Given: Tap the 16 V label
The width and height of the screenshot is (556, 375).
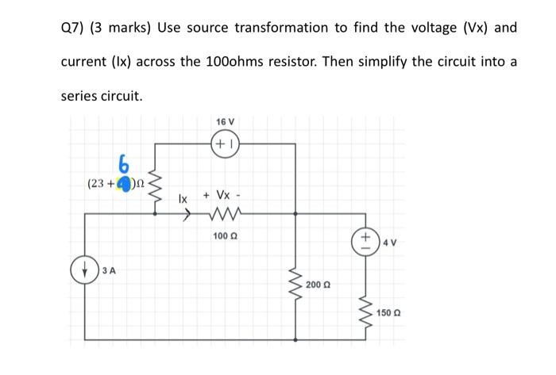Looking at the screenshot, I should click(226, 121).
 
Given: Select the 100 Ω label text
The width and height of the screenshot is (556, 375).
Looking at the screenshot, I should click(226, 235).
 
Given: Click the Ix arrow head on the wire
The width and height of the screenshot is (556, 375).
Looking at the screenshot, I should click(186, 212).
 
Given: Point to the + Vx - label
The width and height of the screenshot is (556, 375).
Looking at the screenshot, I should click(225, 194).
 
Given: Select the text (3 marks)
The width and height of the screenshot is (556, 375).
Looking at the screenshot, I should click(122, 28).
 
